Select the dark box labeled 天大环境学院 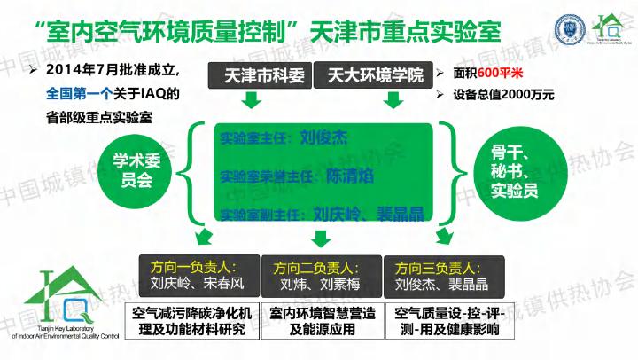tap(370, 75)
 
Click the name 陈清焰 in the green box tap(348, 175)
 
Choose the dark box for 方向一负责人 tap(197, 276)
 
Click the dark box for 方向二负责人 tap(322, 276)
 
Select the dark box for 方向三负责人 tap(443, 276)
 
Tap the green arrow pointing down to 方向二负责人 tap(322, 238)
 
